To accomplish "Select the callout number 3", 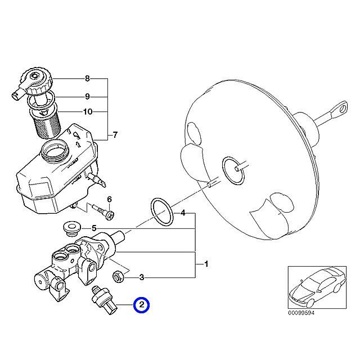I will pyautogui.click(x=142, y=277).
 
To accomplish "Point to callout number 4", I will pyautogui.click(x=182, y=214).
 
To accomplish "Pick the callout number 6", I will pyautogui.click(x=110, y=199).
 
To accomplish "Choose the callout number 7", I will pyautogui.click(x=115, y=135).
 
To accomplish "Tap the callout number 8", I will pyautogui.click(x=87, y=78).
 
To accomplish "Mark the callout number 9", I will pyautogui.click(x=87, y=96).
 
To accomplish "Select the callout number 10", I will pyautogui.click(x=87, y=112).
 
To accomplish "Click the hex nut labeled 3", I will pyautogui.click(x=119, y=276).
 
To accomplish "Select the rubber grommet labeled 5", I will pyautogui.click(x=71, y=227).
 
